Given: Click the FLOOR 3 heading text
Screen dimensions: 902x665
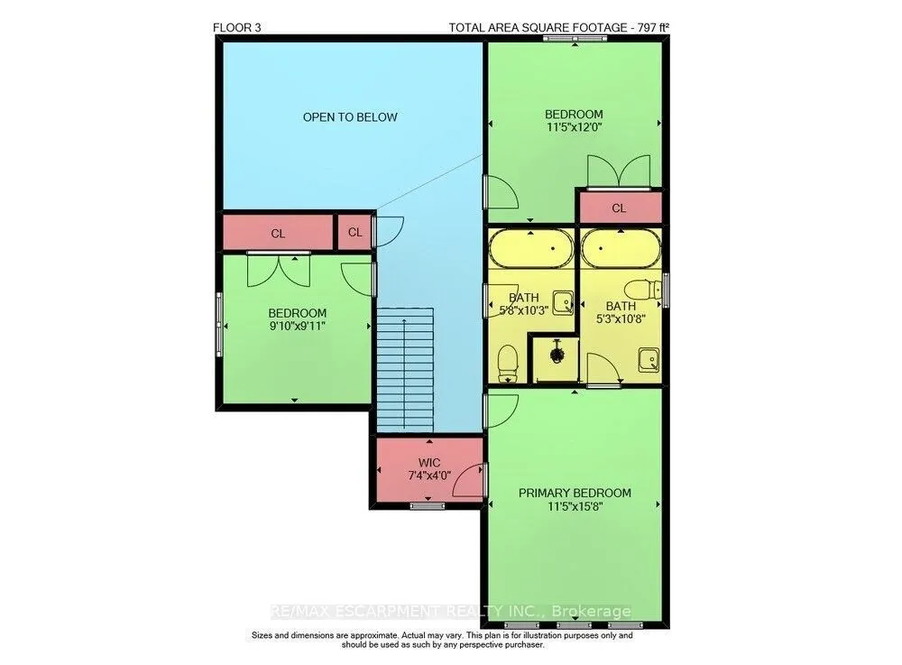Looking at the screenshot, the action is click(237, 28).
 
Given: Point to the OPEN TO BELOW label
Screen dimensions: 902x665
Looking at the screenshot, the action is click(350, 117).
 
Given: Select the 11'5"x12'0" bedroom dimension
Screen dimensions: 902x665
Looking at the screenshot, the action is click(574, 127).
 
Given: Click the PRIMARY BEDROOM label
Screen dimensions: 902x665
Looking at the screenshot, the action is click(575, 493).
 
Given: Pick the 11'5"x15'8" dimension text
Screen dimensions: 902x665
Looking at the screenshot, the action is click(575, 507).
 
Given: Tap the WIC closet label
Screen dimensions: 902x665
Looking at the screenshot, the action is click(429, 463).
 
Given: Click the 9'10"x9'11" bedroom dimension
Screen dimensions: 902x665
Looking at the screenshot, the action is click(297, 326).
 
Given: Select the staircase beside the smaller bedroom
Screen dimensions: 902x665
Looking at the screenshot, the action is click(405, 369).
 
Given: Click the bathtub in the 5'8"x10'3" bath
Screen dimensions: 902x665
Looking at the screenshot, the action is click(531, 248).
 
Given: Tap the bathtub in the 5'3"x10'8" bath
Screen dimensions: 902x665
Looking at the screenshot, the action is click(621, 248).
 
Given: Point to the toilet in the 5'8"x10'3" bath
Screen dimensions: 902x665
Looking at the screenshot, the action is click(507, 364).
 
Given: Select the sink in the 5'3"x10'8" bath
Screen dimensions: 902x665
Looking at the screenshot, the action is click(649, 360).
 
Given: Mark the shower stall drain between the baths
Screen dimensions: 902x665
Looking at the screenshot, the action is click(557, 352).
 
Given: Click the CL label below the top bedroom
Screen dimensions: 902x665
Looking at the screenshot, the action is click(619, 208).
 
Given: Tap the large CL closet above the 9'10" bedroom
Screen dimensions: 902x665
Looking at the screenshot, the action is click(278, 233).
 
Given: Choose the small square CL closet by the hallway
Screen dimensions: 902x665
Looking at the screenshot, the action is click(354, 233).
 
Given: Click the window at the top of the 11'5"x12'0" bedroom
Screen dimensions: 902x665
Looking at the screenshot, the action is click(575, 39).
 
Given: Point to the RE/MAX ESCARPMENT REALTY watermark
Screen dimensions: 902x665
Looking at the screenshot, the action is click(450, 611).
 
